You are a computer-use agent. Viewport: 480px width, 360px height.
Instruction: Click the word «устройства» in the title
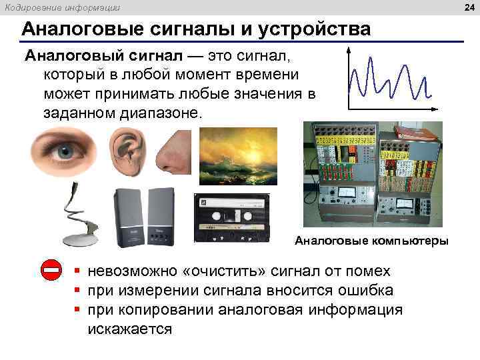(x=314, y=29)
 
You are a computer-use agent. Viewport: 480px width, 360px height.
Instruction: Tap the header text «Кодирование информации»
(x=63, y=7)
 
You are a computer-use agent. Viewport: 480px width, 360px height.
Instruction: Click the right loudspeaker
(x=160, y=217)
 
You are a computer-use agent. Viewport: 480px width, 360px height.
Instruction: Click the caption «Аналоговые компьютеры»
(x=371, y=241)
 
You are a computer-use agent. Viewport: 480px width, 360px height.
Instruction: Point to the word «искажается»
(x=129, y=329)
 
